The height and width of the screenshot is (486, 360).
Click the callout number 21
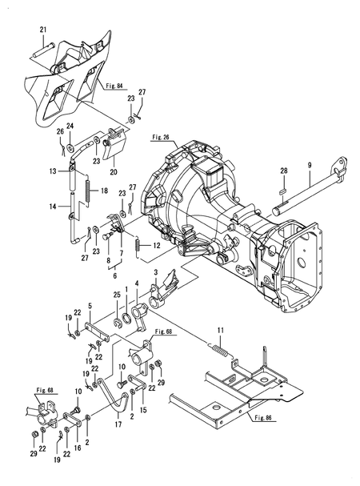43,30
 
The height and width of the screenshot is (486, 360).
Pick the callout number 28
283,171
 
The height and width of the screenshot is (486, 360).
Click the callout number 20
112,171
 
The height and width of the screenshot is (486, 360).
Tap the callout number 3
166,274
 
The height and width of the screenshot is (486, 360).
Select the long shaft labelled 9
304,193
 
